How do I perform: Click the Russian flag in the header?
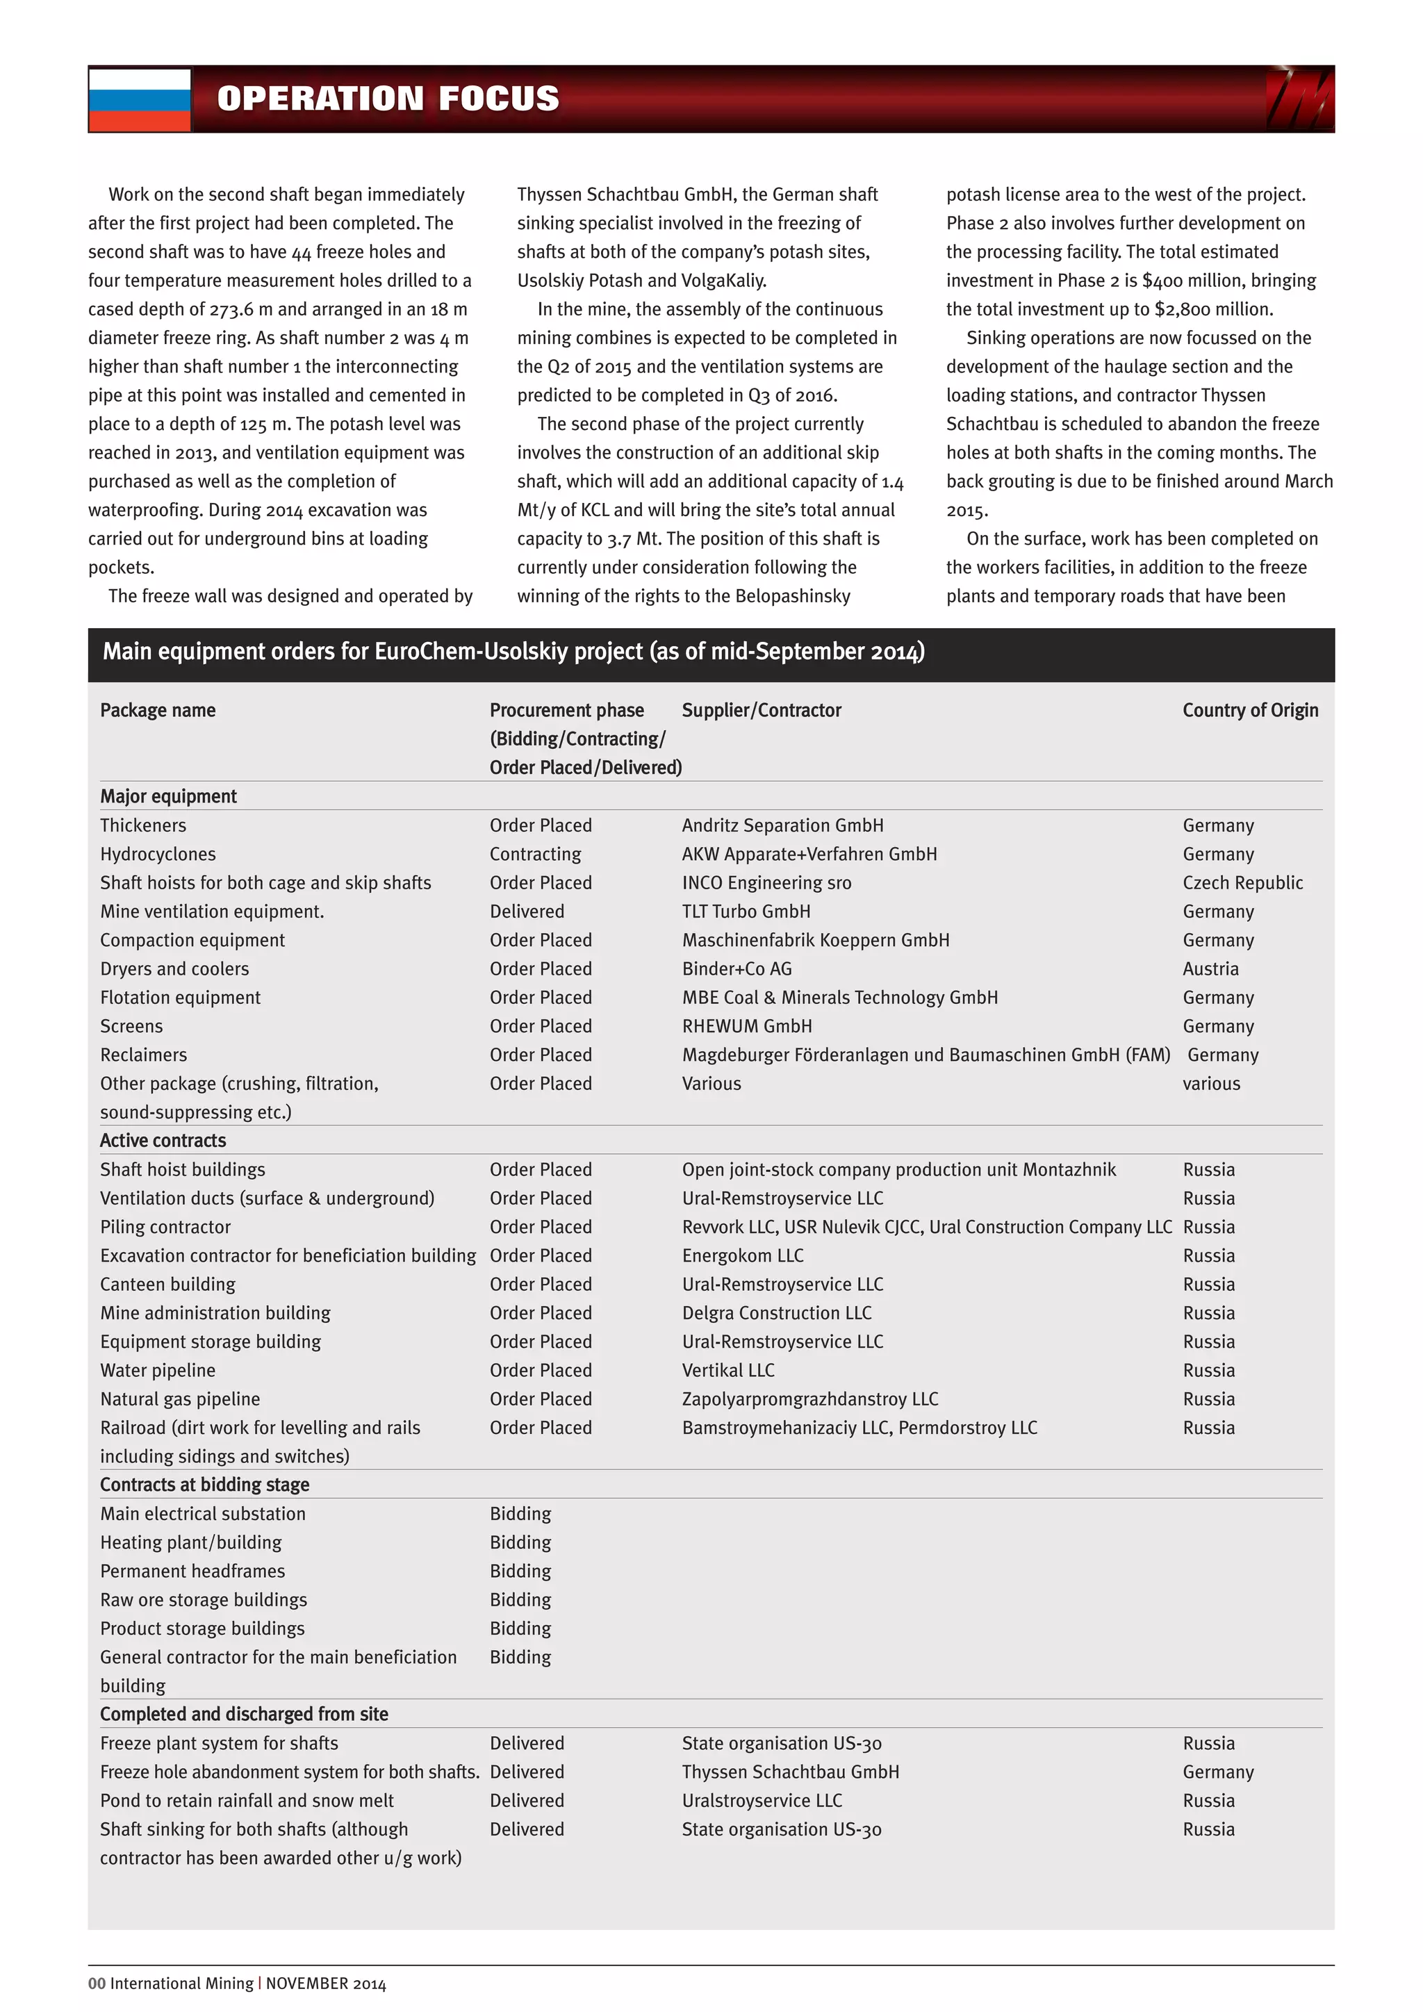pyautogui.click(x=140, y=100)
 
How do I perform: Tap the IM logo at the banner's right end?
pyautogui.click(x=1299, y=100)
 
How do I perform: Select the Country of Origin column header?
pyautogui.click(x=1249, y=710)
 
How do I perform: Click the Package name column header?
pyautogui.click(x=158, y=710)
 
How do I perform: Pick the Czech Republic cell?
pyautogui.click(x=1242, y=882)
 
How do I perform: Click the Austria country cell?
pyautogui.click(x=1210, y=968)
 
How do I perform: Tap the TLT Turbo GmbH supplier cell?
pyautogui.click(x=746, y=912)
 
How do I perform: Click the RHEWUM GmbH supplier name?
pyautogui.click(x=746, y=1026)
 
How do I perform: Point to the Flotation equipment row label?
pyautogui.click(x=180, y=997)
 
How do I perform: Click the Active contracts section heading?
pyautogui.click(x=163, y=1140)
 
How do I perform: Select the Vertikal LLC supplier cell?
pyautogui.click(x=728, y=1369)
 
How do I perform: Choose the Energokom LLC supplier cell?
pyautogui.click(x=742, y=1255)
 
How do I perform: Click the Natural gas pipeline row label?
pyautogui.click(x=180, y=1399)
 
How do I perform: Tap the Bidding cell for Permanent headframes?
pyautogui.click(x=520, y=1570)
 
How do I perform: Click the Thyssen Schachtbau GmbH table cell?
pyautogui.click(x=790, y=1771)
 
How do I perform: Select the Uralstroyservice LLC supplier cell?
pyautogui.click(x=762, y=1800)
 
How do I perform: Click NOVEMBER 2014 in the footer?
pyautogui.click(x=326, y=1983)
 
